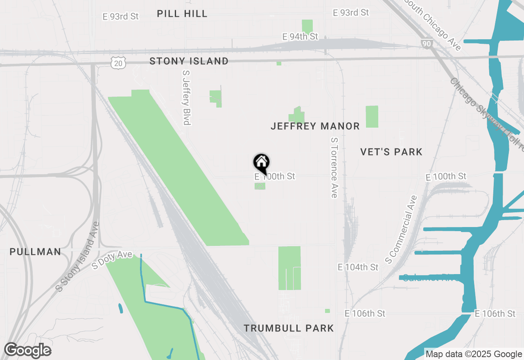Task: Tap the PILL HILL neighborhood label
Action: coord(182,13)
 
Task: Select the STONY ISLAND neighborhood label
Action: coord(189,61)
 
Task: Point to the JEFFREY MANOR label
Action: coord(315,126)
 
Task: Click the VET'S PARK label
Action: coord(391,152)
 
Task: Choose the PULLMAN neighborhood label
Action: coord(36,252)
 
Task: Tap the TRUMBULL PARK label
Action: coord(289,328)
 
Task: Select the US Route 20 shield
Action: coord(118,63)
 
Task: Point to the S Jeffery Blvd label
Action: coord(187,97)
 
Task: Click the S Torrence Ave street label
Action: coord(334,168)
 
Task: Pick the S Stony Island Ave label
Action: coord(78,256)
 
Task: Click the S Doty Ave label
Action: coord(112,260)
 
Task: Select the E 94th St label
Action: coord(300,37)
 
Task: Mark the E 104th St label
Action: coord(358,267)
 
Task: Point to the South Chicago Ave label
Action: coord(433,25)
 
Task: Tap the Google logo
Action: coord(27,351)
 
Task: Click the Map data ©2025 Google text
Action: coord(474,354)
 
